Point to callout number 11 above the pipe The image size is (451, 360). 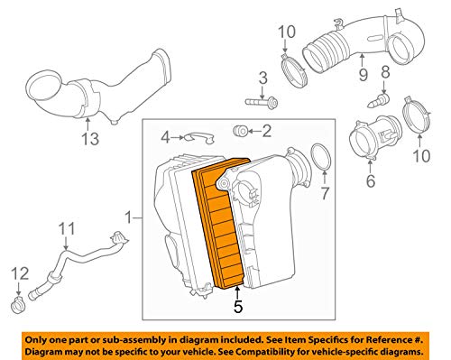coord(65,229)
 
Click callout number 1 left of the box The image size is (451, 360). coord(129,217)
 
